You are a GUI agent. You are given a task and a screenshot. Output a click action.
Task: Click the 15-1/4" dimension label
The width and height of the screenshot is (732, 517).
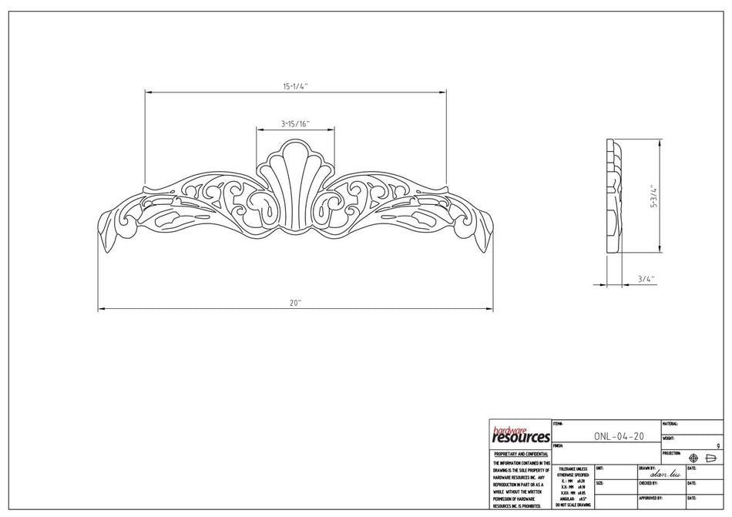[296, 86]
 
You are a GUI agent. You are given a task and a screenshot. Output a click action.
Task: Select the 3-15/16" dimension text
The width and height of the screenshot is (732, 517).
[295, 123]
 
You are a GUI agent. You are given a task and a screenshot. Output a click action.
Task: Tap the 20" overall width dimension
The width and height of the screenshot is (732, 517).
[295, 304]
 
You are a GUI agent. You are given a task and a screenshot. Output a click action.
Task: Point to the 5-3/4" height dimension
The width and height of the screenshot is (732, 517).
[653, 196]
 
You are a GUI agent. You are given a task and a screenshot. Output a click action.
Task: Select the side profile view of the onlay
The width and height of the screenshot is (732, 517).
[615, 196]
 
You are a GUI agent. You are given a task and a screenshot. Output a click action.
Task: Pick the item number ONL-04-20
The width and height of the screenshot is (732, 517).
[619, 436]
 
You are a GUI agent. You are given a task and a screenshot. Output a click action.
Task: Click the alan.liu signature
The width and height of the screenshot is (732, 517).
[663, 475]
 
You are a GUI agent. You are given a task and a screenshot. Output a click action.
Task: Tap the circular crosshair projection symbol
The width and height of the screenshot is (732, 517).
[693, 458]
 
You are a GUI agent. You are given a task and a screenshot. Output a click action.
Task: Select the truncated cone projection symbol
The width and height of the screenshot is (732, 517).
[711, 458]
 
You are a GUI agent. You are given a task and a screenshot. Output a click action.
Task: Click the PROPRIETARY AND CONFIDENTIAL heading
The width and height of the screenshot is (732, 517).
[521, 455]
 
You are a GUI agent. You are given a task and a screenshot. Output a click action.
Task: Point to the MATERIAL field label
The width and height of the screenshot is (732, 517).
[670, 424]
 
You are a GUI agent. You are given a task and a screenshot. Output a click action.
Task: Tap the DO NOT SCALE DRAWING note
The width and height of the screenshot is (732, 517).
[573, 505]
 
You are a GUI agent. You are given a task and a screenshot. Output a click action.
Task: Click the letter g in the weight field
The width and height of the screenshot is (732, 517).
[718, 445]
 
